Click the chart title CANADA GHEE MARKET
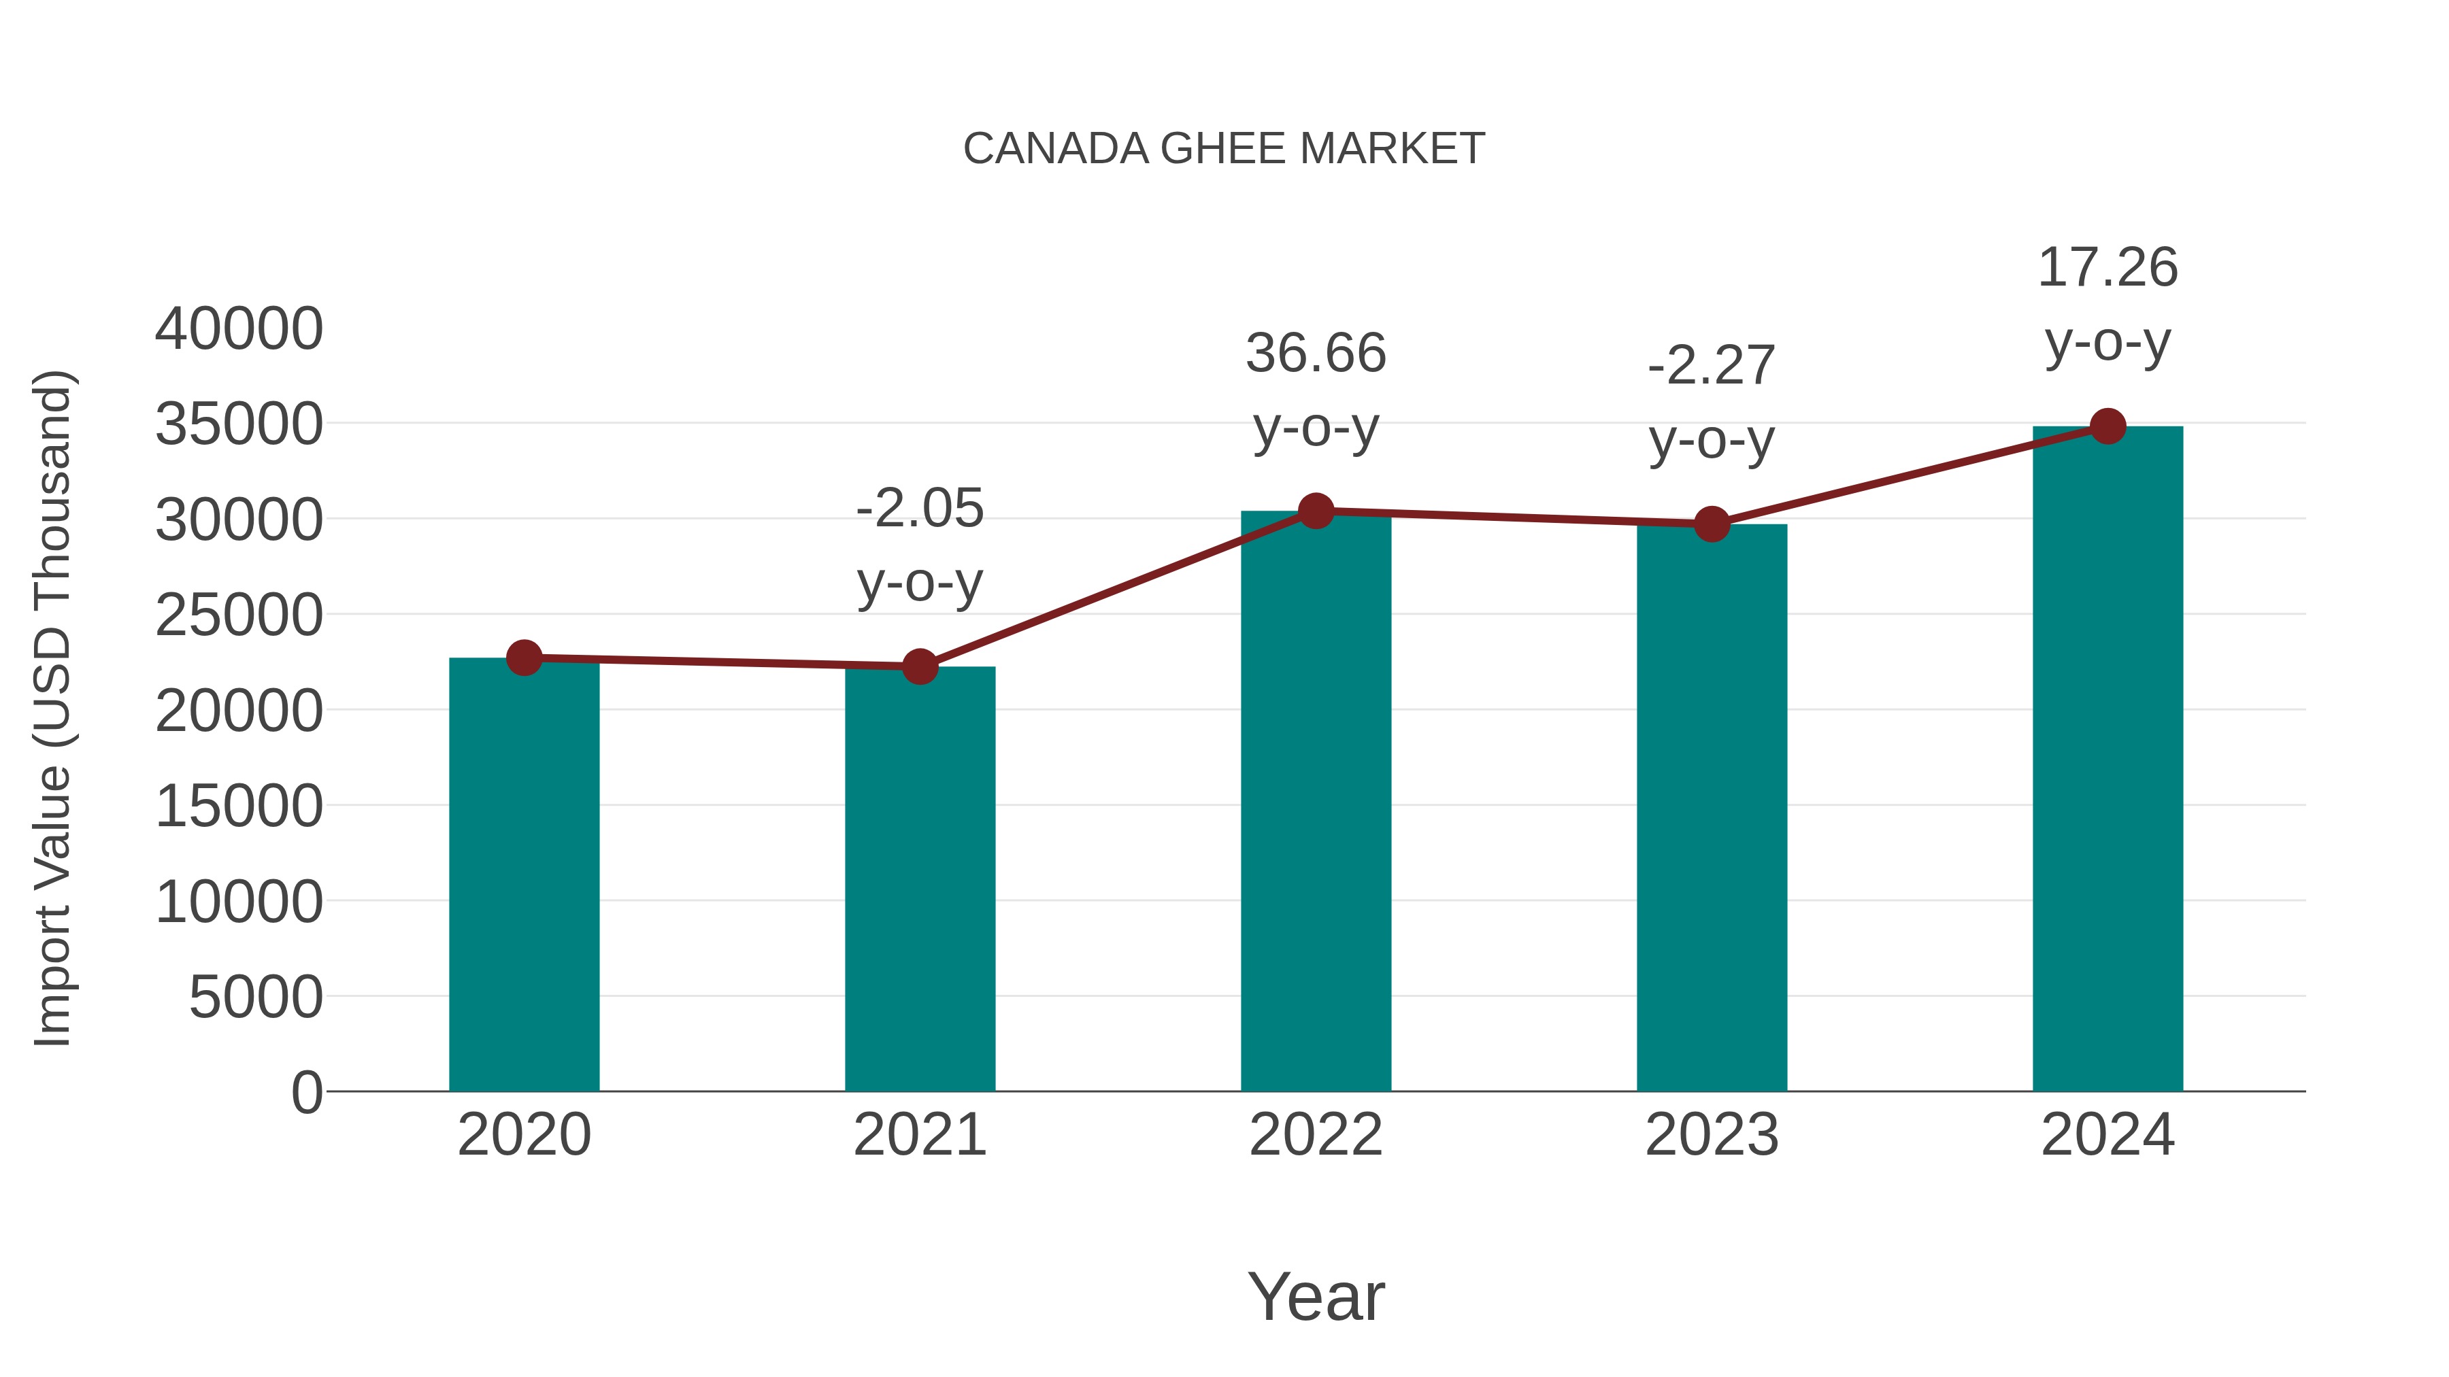coord(1224,149)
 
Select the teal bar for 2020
coord(524,874)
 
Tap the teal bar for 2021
coord(919,879)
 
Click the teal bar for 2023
coord(1712,808)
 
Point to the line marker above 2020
coord(524,658)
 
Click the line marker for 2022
coord(1316,511)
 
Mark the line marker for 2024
coord(2108,426)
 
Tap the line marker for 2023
coord(1712,524)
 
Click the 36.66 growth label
coord(1316,354)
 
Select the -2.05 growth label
coord(919,509)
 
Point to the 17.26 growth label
coord(2108,267)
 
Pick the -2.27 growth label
coord(1712,366)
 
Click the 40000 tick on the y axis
coord(239,330)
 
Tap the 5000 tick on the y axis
coord(256,998)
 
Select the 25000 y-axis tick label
coord(239,616)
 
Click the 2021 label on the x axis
coord(919,1135)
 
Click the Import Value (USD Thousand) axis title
coord(53,708)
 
